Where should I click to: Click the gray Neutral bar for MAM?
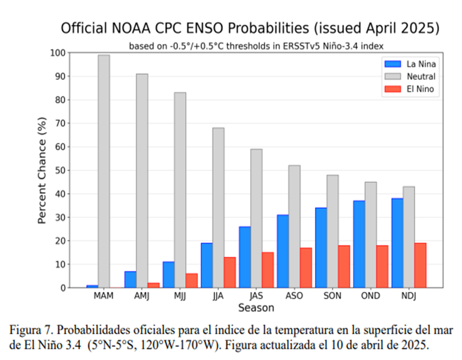(x=104, y=171)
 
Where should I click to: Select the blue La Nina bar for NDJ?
(x=397, y=243)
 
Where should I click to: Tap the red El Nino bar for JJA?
(x=230, y=272)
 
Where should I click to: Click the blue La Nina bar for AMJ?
(x=130, y=280)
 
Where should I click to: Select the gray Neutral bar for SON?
(x=332, y=231)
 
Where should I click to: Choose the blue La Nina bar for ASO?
(x=283, y=251)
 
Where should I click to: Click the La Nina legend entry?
(x=410, y=64)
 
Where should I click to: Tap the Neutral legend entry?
(x=410, y=76)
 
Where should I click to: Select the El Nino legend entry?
(x=410, y=89)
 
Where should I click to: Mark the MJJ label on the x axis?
(x=180, y=296)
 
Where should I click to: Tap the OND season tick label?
(x=371, y=296)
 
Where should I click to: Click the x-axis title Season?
(x=256, y=308)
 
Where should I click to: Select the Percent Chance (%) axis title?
(x=42, y=170)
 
